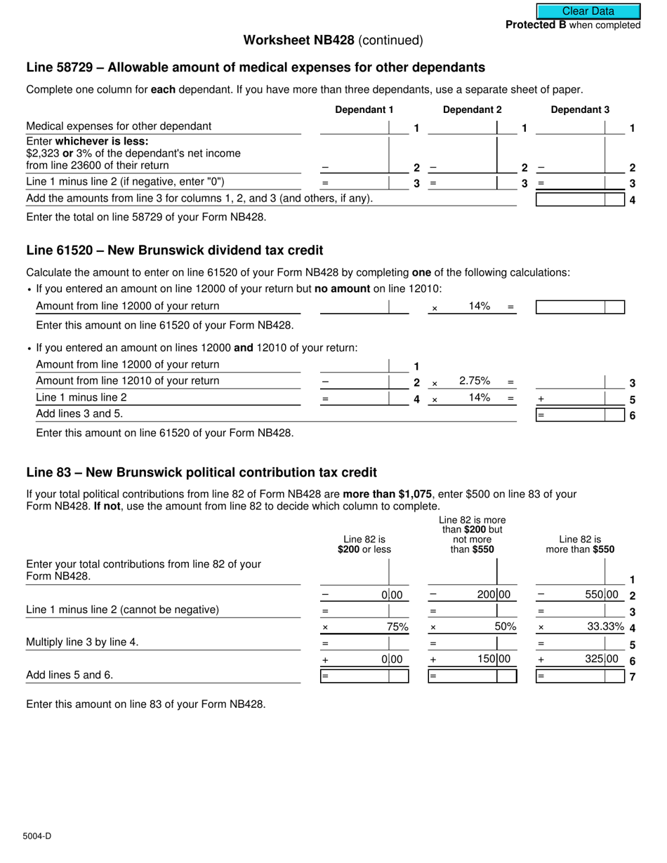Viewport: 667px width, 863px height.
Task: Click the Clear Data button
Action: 588,11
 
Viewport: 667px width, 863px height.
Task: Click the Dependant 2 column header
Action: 472,109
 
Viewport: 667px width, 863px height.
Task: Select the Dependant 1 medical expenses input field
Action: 354,127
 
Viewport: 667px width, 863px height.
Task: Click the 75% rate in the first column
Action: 397,627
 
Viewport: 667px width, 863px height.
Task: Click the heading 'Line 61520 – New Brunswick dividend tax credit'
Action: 175,250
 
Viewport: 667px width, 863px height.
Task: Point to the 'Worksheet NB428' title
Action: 298,40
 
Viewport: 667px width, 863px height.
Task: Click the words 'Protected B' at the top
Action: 536,25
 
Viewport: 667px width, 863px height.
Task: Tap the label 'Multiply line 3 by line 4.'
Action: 82,641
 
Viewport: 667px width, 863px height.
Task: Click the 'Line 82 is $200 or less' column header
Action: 364,544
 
